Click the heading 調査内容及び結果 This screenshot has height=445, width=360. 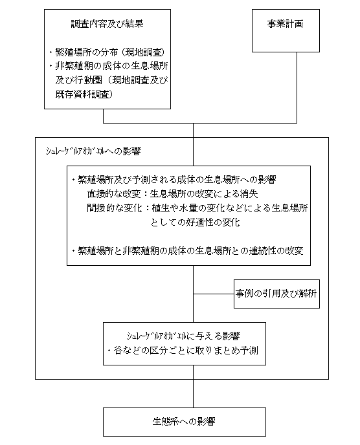click(x=107, y=24)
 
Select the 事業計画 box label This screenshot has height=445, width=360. click(x=286, y=24)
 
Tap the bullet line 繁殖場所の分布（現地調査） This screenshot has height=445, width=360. click(x=107, y=52)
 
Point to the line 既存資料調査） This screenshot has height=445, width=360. click(x=84, y=94)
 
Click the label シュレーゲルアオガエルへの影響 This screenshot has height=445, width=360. click(x=93, y=151)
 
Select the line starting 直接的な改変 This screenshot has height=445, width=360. click(x=172, y=194)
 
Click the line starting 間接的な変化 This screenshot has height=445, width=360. click(x=197, y=208)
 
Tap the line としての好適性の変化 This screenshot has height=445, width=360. click(x=195, y=222)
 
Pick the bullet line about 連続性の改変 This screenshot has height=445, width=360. click(x=188, y=251)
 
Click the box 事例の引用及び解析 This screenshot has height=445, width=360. click(x=276, y=294)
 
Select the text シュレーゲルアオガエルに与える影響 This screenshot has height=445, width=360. click(x=183, y=336)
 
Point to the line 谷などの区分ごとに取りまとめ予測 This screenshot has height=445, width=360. click(x=183, y=351)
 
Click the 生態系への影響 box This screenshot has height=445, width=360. click(x=185, y=422)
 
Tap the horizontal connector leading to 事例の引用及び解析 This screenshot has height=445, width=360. click(x=214, y=294)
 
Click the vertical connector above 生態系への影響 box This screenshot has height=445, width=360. click(x=193, y=387)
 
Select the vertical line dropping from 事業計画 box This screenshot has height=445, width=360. click(x=297, y=87)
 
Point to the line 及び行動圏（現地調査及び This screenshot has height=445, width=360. click(x=111, y=81)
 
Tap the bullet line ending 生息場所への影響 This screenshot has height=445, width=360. click(x=174, y=180)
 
